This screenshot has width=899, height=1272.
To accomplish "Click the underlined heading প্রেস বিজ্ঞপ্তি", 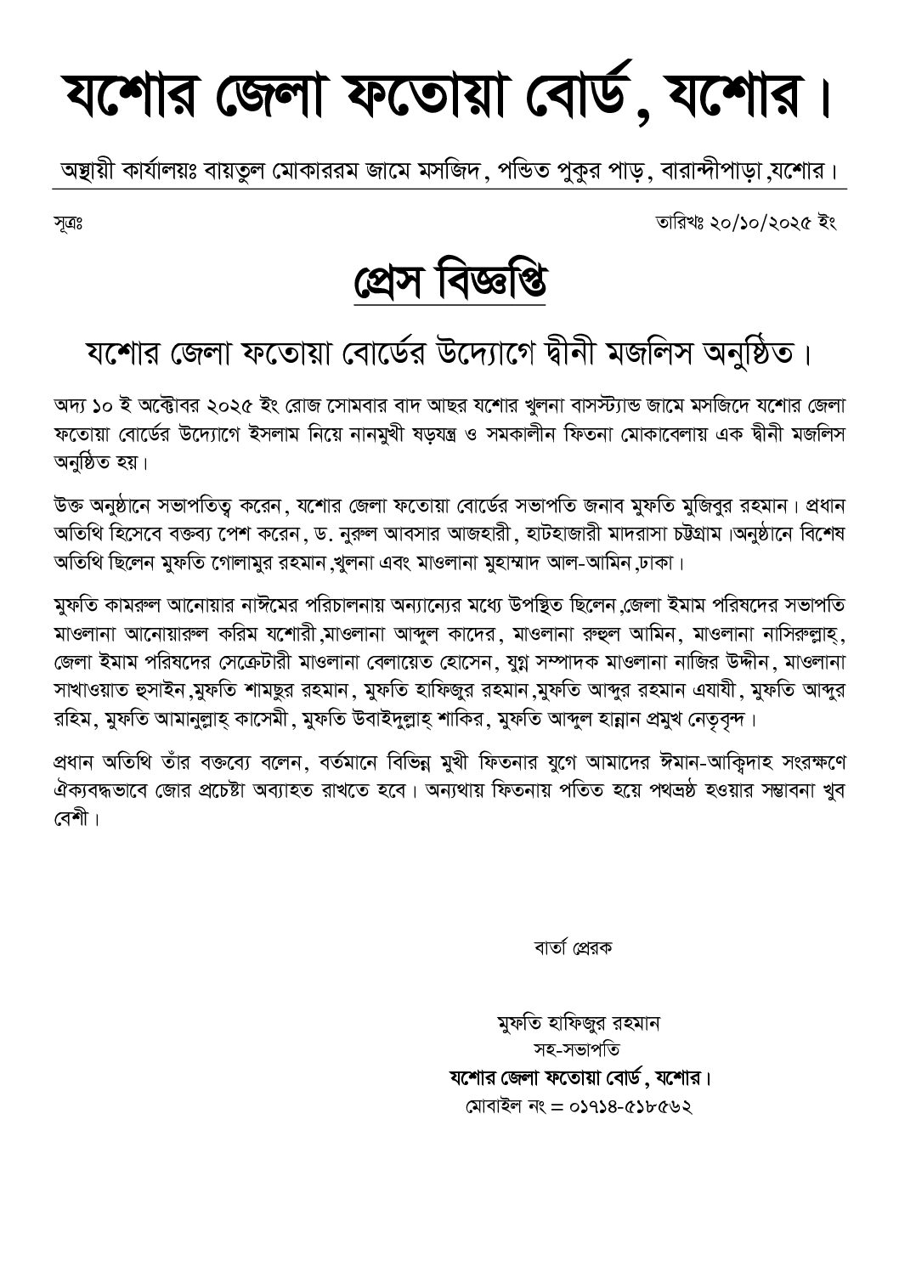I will [449, 283].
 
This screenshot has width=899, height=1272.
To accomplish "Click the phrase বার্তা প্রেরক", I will [573, 947].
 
